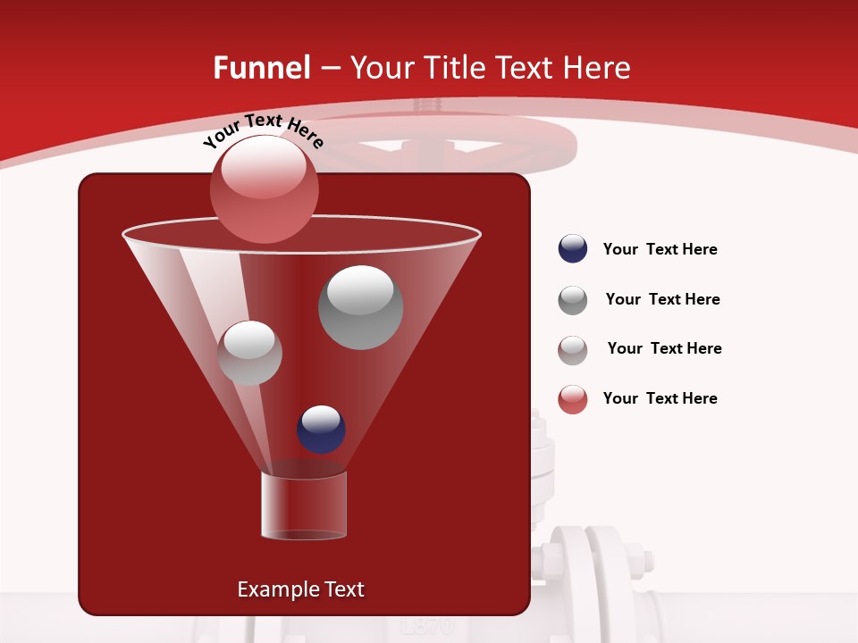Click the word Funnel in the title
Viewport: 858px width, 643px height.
(x=261, y=68)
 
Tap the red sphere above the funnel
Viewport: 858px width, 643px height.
(x=264, y=188)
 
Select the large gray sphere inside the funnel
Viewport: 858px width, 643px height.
(x=360, y=307)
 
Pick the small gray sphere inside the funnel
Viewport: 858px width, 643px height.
(x=249, y=353)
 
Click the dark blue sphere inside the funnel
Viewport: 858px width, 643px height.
(x=321, y=430)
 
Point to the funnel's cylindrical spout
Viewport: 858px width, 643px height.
(x=303, y=505)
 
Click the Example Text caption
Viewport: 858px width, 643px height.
(x=300, y=589)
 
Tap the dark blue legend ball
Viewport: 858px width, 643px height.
(x=573, y=249)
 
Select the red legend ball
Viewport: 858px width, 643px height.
(x=573, y=399)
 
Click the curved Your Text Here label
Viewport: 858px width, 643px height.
(x=263, y=132)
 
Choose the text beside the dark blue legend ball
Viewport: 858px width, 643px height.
(x=660, y=249)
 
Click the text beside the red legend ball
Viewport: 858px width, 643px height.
(x=660, y=398)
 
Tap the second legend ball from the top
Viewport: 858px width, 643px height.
(x=573, y=300)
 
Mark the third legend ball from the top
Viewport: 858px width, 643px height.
(x=573, y=350)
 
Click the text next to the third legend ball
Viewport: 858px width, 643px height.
(x=664, y=348)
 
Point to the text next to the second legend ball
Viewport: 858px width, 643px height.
(x=662, y=299)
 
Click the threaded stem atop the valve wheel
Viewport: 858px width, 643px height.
(x=427, y=106)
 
